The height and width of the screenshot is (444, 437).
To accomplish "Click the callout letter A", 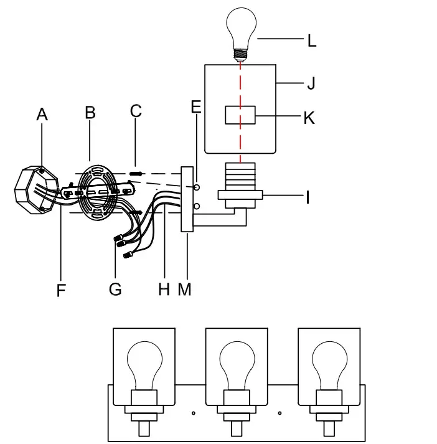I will (x=42, y=114).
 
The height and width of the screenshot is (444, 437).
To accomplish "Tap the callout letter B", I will (x=90, y=113).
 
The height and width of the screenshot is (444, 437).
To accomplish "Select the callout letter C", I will (x=136, y=111).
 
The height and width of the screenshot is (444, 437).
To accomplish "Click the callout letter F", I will (x=60, y=290).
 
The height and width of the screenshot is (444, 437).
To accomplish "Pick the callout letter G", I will (x=115, y=290).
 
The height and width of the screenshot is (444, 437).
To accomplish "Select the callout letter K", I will (x=309, y=118).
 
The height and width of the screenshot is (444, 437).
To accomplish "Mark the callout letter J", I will (x=309, y=83).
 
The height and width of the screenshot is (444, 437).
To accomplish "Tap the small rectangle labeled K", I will (x=240, y=116).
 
